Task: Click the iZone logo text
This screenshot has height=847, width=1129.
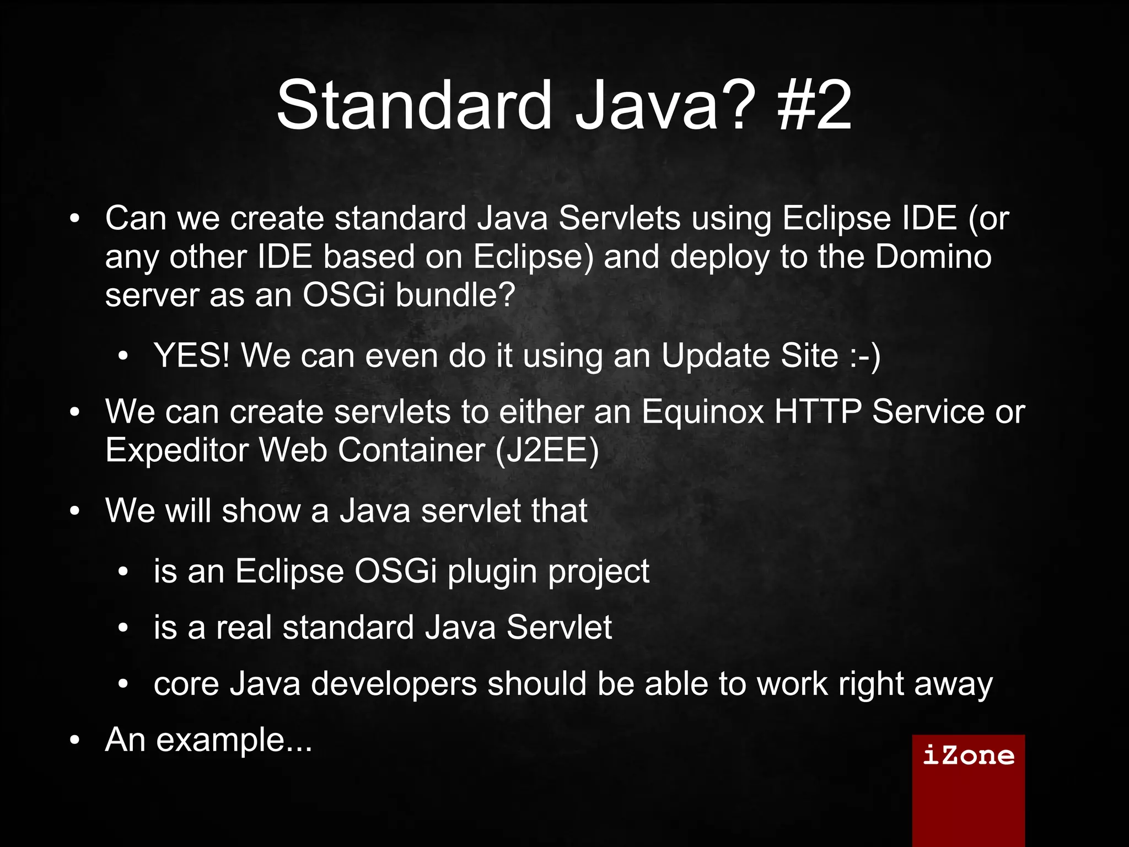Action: (x=968, y=755)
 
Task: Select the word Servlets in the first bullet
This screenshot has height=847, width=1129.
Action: (x=620, y=218)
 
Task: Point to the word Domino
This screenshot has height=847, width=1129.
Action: (x=933, y=257)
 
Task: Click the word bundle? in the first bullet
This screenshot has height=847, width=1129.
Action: (x=455, y=295)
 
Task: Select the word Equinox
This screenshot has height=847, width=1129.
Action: (x=703, y=412)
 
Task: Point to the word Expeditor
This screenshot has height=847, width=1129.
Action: (x=177, y=451)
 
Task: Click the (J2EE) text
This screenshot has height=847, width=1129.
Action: (x=547, y=451)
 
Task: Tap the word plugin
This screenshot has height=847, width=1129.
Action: (x=492, y=571)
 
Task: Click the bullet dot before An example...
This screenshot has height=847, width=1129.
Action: (x=75, y=741)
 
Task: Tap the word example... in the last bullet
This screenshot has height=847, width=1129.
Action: (x=234, y=740)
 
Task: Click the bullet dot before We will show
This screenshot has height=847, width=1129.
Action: (x=75, y=511)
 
